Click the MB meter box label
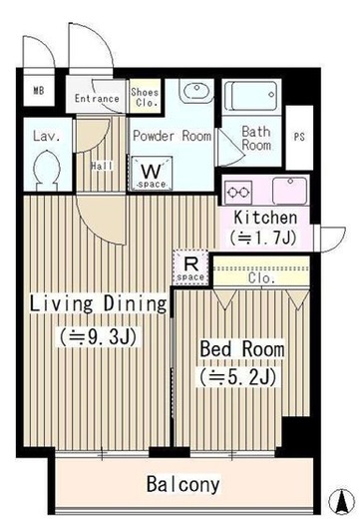[x=39, y=90]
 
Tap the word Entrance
[x=97, y=99]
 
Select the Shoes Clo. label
[x=145, y=97]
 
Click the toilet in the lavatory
[x=48, y=170]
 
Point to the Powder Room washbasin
[x=196, y=91]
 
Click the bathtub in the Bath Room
[x=251, y=96]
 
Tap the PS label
[x=299, y=137]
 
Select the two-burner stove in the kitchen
[x=238, y=193]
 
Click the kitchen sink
[x=290, y=191]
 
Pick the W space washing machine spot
[x=152, y=174]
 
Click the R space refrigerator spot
[x=190, y=267]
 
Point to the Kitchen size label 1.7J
[x=262, y=238]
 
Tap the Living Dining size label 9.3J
[x=98, y=337]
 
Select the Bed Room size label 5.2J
[x=238, y=377]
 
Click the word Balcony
[x=183, y=484]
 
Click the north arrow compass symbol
[x=342, y=501]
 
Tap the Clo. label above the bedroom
[x=261, y=278]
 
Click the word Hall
[x=102, y=166]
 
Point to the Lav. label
[x=47, y=136]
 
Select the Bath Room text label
[x=256, y=139]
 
